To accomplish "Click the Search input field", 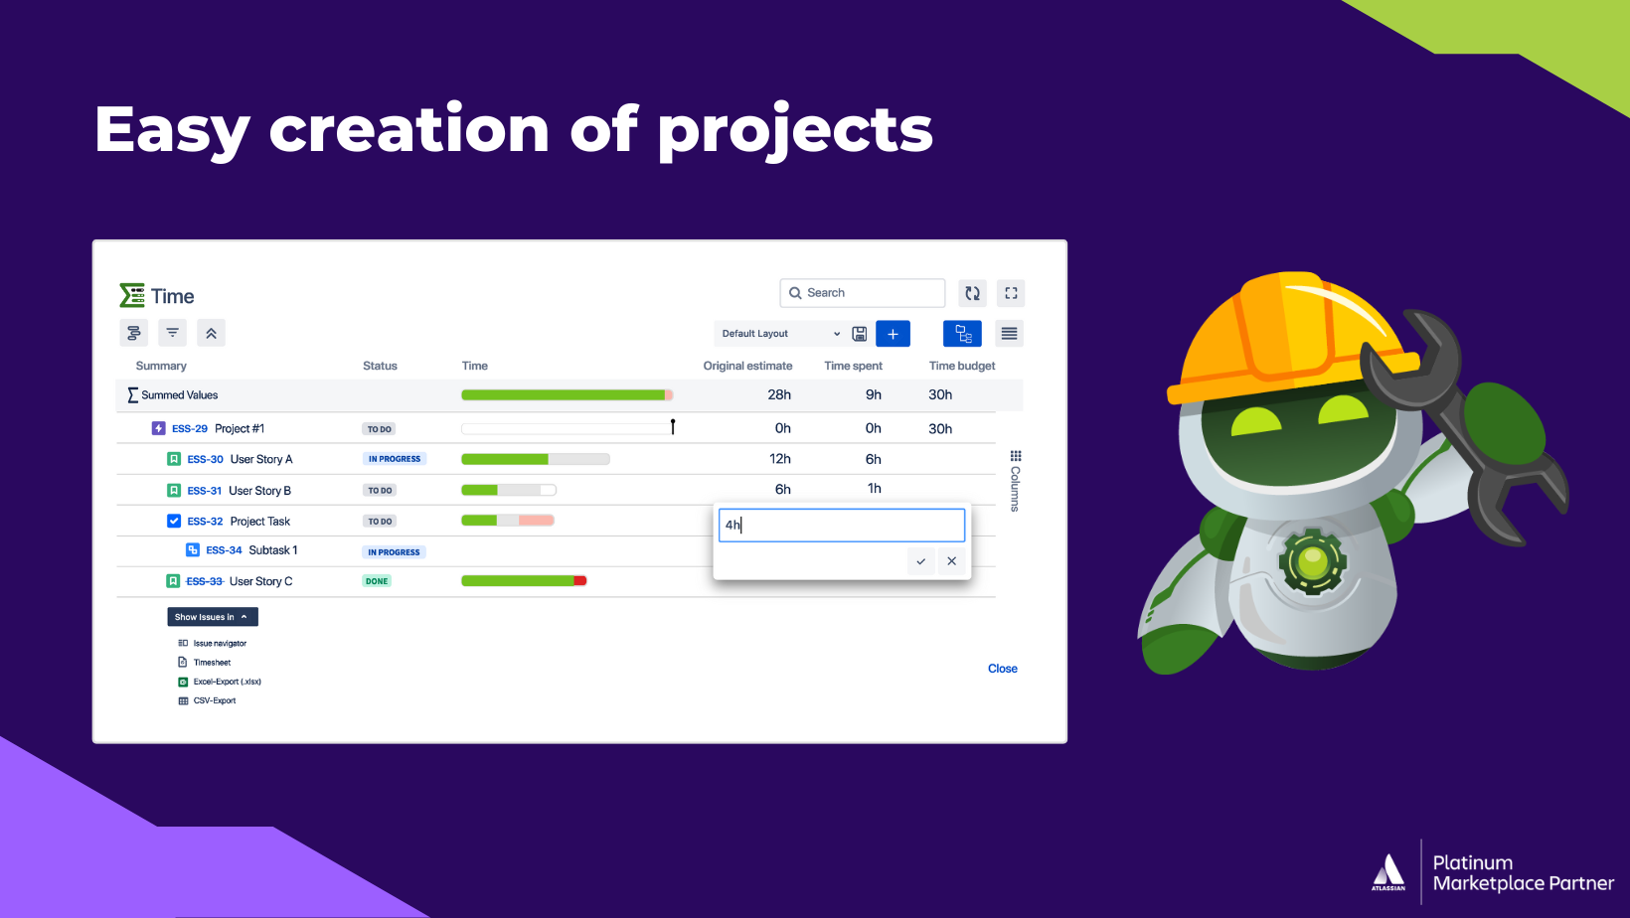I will pyautogui.click(x=863, y=293).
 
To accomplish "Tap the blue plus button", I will pyautogui.click(x=893, y=334).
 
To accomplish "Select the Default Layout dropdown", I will pyautogui.click(x=780, y=334).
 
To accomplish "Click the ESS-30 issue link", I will pyautogui.click(x=205, y=459).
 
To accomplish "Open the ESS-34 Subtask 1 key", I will pyautogui.click(x=224, y=550).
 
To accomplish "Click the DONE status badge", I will pyautogui.click(x=377, y=581).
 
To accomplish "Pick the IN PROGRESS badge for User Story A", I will pyautogui.click(x=395, y=459).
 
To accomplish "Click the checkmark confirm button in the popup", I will pyautogui.click(x=921, y=561).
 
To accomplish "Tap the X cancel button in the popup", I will pyautogui.click(x=952, y=561).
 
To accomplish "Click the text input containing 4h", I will pyautogui.click(x=841, y=525).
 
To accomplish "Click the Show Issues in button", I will pyautogui.click(x=212, y=617).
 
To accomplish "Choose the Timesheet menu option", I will pyautogui.click(x=212, y=663).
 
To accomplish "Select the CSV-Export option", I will pyautogui.click(x=215, y=700).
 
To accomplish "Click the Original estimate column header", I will pyautogui.click(x=747, y=366).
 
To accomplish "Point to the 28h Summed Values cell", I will pyautogui.click(x=779, y=394).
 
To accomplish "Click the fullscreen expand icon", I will pyautogui.click(x=1011, y=293).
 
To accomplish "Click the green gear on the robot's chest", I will pyautogui.click(x=1312, y=561).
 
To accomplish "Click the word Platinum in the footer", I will pyautogui.click(x=1472, y=862).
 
